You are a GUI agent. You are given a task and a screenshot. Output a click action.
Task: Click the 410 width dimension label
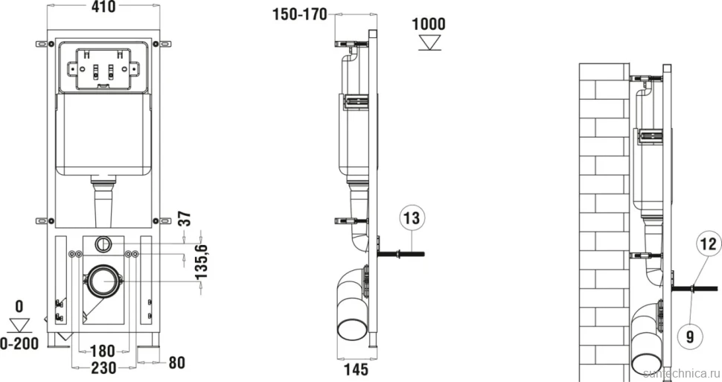(103, 7)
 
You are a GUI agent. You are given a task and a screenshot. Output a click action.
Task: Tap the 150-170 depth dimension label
(300, 14)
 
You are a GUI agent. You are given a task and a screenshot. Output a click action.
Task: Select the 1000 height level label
(429, 24)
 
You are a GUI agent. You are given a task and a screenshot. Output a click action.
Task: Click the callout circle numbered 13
(412, 217)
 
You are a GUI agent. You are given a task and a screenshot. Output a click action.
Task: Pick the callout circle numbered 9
(689, 337)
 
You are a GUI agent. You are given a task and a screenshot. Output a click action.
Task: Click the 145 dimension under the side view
(357, 369)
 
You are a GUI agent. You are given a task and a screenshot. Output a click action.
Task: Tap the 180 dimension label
(103, 351)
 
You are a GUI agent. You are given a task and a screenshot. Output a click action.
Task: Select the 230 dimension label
(103, 368)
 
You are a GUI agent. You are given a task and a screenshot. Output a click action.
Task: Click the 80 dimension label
(177, 363)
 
